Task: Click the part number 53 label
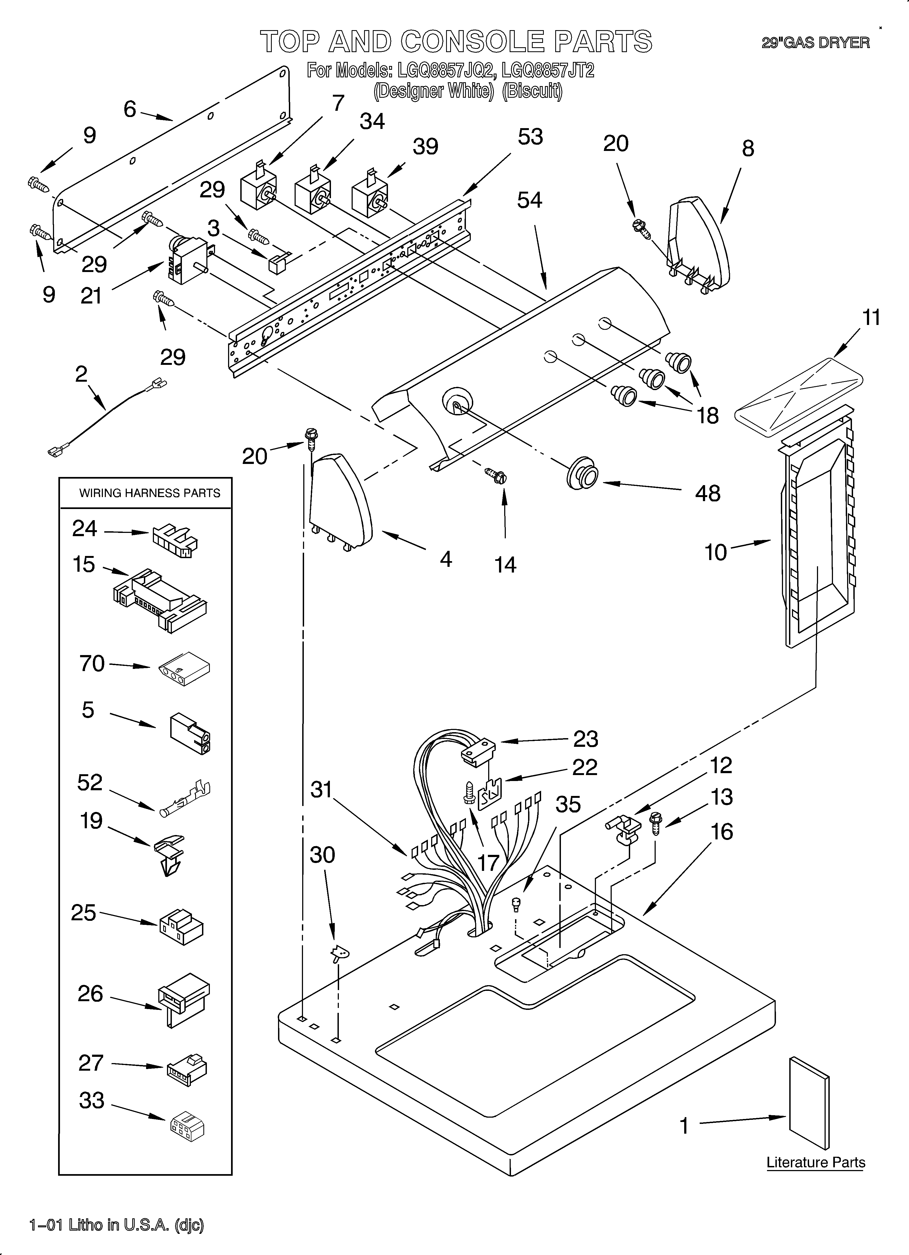(x=530, y=137)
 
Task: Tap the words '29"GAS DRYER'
(x=815, y=43)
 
